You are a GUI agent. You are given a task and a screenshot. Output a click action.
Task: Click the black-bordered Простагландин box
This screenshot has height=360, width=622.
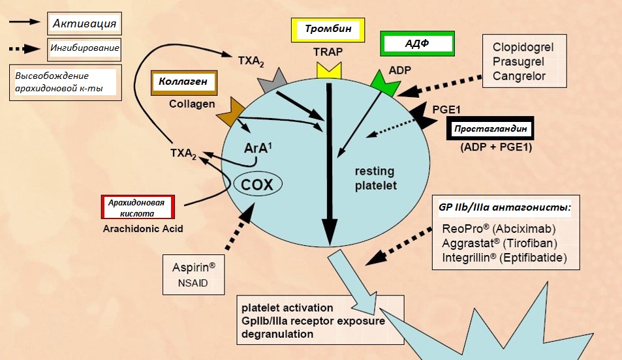[490, 129]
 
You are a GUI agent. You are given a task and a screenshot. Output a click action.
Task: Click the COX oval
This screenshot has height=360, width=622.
[257, 184]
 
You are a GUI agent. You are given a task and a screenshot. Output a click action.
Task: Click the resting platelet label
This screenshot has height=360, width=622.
[375, 178]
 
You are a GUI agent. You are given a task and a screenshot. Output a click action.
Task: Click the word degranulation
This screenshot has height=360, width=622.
[277, 334]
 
